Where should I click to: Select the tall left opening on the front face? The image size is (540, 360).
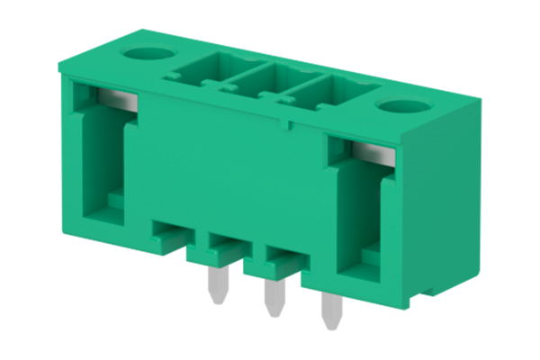[x=102, y=157]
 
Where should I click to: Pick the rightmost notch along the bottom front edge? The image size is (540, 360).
[x=283, y=260]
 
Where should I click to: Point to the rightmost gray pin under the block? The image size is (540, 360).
[x=328, y=315]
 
